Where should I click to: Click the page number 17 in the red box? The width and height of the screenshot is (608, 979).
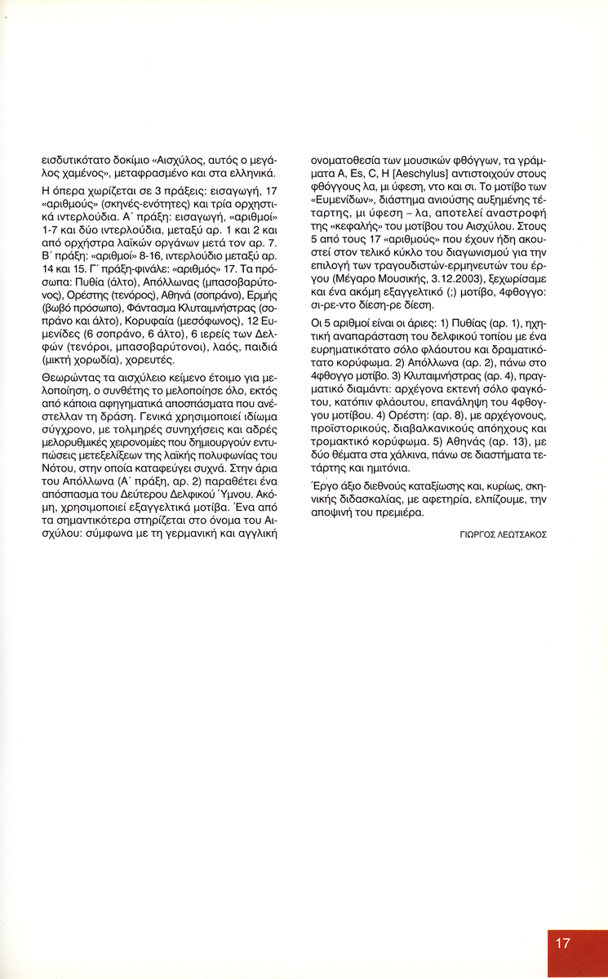tap(562, 942)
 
